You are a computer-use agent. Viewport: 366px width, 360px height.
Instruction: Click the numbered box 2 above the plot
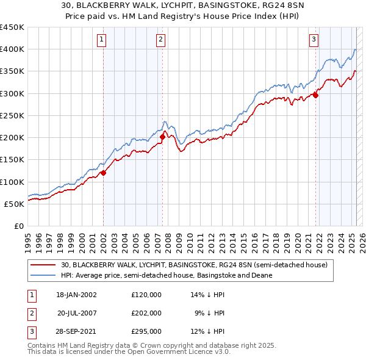[x=160, y=40]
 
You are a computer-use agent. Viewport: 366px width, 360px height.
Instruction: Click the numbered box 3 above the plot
[x=314, y=40]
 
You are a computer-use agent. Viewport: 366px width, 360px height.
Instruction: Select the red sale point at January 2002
[x=104, y=173]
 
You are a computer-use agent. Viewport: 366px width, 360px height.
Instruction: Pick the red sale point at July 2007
[x=163, y=137]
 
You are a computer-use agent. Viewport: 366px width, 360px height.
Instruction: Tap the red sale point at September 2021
[x=316, y=95]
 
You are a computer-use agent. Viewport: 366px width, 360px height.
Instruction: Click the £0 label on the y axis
[x=19, y=226]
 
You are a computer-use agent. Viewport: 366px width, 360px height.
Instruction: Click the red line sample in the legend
[x=43, y=265]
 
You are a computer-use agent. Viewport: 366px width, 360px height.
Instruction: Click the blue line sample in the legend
[x=43, y=275]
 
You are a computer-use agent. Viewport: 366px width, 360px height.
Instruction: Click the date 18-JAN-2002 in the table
[x=76, y=295]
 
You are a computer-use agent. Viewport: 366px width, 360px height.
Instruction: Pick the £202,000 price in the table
[x=146, y=313]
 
